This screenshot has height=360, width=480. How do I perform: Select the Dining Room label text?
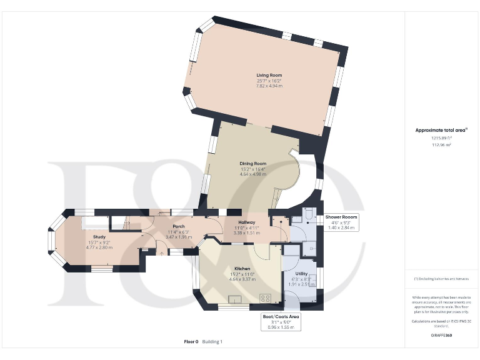pyautogui.click(x=253, y=164)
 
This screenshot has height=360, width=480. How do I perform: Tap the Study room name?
pyautogui.click(x=99, y=237)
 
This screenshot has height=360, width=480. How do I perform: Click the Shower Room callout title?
pyautogui.click(x=341, y=217)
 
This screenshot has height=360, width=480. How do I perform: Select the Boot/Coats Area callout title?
pyautogui.click(x=281, y=317)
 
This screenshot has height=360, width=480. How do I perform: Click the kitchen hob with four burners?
pyautogui.click(x=265, y=297)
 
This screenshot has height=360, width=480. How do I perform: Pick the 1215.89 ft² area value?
pyautogui.click(x=441, y=138)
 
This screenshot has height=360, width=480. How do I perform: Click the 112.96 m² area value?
pyautogui.click(x=441, y=144)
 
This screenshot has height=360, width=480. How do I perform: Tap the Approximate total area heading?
pyautogui.click(x=441, y=130)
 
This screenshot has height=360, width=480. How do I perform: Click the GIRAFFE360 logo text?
pyautogui.click(x=441, y=336)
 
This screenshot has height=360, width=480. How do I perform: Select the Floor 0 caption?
pyautogui.click(x=191, y=342)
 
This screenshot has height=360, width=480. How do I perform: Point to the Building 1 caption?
pyautogui.click(x=212, y=342)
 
